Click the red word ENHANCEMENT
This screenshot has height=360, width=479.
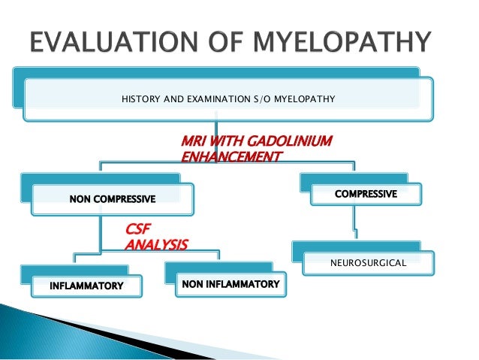(231, 156)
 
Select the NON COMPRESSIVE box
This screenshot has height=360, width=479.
(113, 199)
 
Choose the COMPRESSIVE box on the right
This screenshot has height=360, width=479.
(366, 194)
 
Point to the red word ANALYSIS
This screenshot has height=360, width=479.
(156, 244)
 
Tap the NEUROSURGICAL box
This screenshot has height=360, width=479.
(368, 264)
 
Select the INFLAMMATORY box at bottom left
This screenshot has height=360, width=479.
(85, 286)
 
